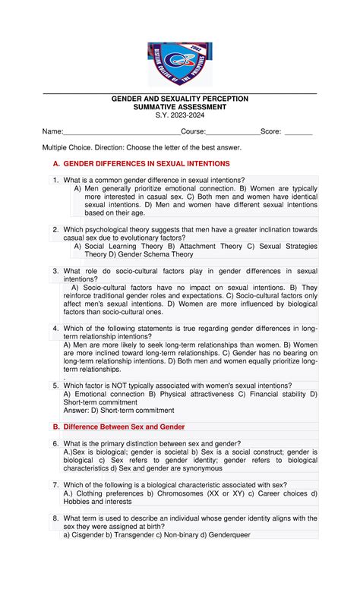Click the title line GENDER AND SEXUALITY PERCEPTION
[x=179, y=99]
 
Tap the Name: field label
[x=52, y=131]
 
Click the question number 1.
[x=55, y=180]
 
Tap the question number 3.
[x=55, y=270]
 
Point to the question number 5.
[x=55, y=386]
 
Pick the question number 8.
[x=55, y=518]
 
